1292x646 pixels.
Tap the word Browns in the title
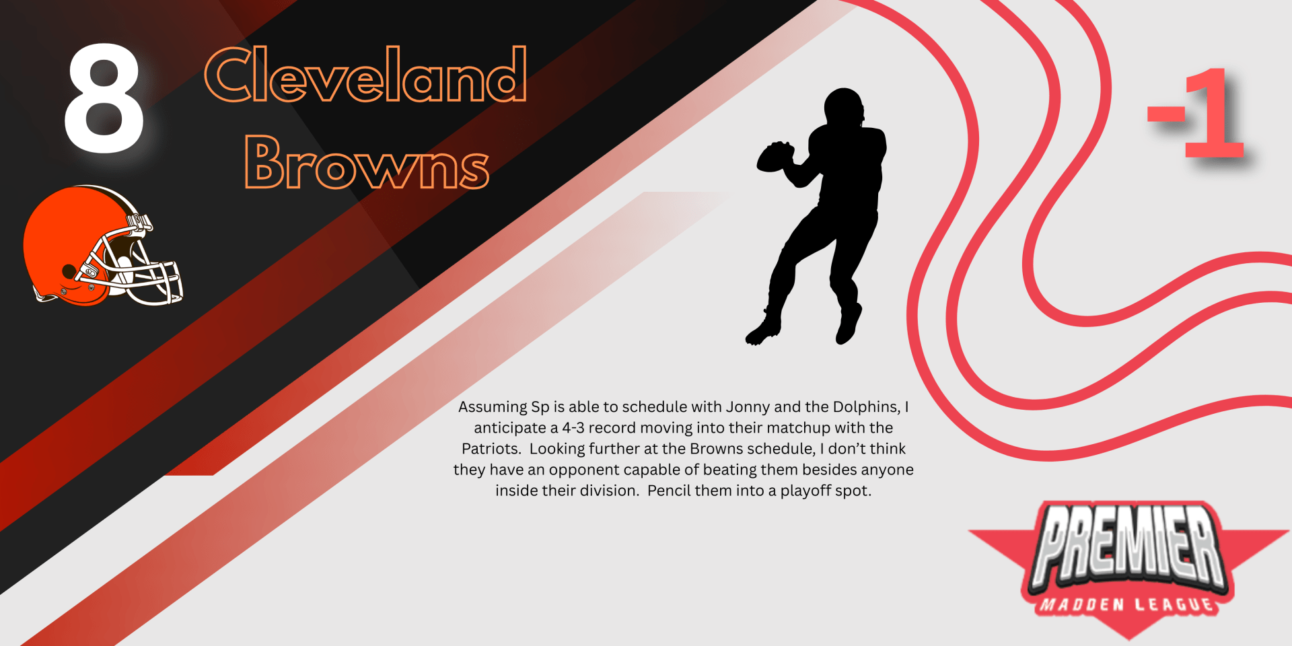[x=367, y=161]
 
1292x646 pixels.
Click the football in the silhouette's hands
[x=775, y=157]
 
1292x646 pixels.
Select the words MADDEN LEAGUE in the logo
[x=1128, y=604]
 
